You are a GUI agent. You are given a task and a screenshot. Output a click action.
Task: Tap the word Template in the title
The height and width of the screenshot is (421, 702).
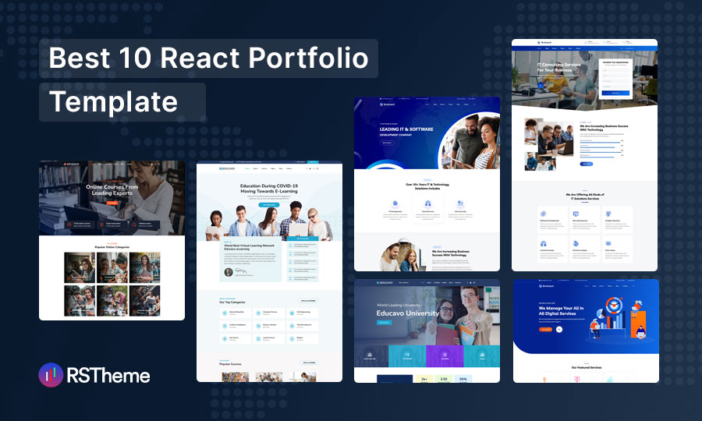114,101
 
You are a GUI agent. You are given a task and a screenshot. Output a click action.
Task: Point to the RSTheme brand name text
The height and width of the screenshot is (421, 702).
108,376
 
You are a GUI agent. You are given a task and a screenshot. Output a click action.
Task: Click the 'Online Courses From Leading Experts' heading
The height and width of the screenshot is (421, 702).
112,191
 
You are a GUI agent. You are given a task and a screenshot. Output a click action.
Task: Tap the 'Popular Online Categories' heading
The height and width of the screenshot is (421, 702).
112,246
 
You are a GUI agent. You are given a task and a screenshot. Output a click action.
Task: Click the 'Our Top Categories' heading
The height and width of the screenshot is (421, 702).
234,302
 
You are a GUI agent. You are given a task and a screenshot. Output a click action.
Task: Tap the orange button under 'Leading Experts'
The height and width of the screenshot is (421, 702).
112,203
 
